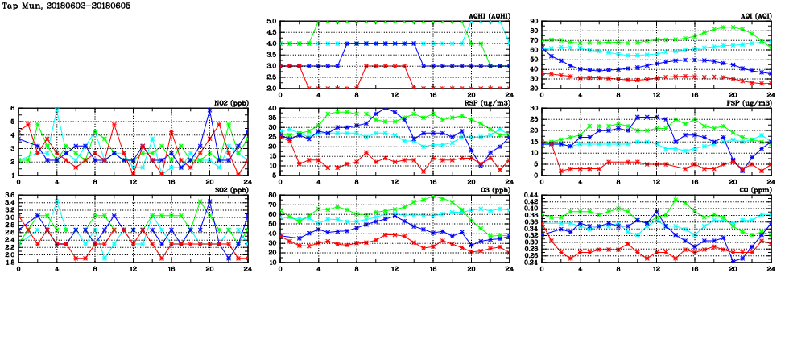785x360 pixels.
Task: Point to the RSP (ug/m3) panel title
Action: coord(490,102)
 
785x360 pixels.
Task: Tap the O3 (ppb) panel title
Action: coord(494,189)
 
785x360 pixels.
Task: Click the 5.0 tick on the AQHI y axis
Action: coord(271,22)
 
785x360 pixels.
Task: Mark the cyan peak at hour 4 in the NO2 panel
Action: coord(56,109)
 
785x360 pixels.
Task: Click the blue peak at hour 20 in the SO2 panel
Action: coord(209,201)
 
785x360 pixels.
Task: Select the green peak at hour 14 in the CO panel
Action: coord(676,200)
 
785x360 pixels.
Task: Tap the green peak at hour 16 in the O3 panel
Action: coord(433,197)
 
